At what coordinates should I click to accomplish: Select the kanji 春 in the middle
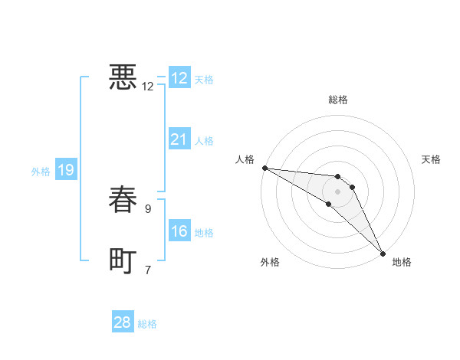[122, 198]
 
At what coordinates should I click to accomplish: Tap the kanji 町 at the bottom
[122, 260]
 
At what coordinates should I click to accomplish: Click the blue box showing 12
[179, 78]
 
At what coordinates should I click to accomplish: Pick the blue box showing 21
[179, 139]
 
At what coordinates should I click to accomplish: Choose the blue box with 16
[179, 231]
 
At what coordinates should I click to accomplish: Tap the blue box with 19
[66, 170]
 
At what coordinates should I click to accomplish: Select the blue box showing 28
[123, 322]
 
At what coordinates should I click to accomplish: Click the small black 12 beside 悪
[148, 86]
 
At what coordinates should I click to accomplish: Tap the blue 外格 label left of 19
[41, 172]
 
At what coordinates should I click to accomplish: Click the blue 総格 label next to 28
[147, 324]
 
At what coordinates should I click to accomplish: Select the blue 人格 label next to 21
[204, 141]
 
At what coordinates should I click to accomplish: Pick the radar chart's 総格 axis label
[338, 100]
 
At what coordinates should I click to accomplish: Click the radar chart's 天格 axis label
[432, 159]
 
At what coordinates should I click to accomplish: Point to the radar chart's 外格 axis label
[270, 262]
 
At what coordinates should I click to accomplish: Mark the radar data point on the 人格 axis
[264, 167]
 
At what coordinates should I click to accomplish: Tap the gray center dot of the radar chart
[338, 191]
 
